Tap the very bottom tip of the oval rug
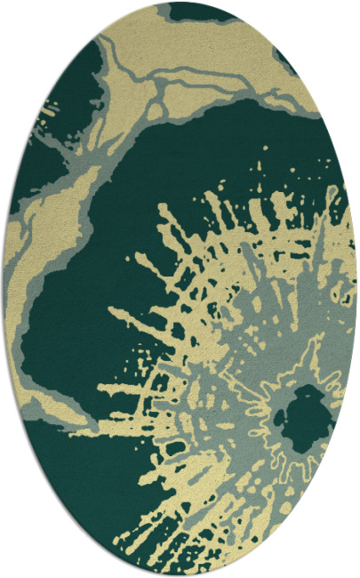(180, 573)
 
